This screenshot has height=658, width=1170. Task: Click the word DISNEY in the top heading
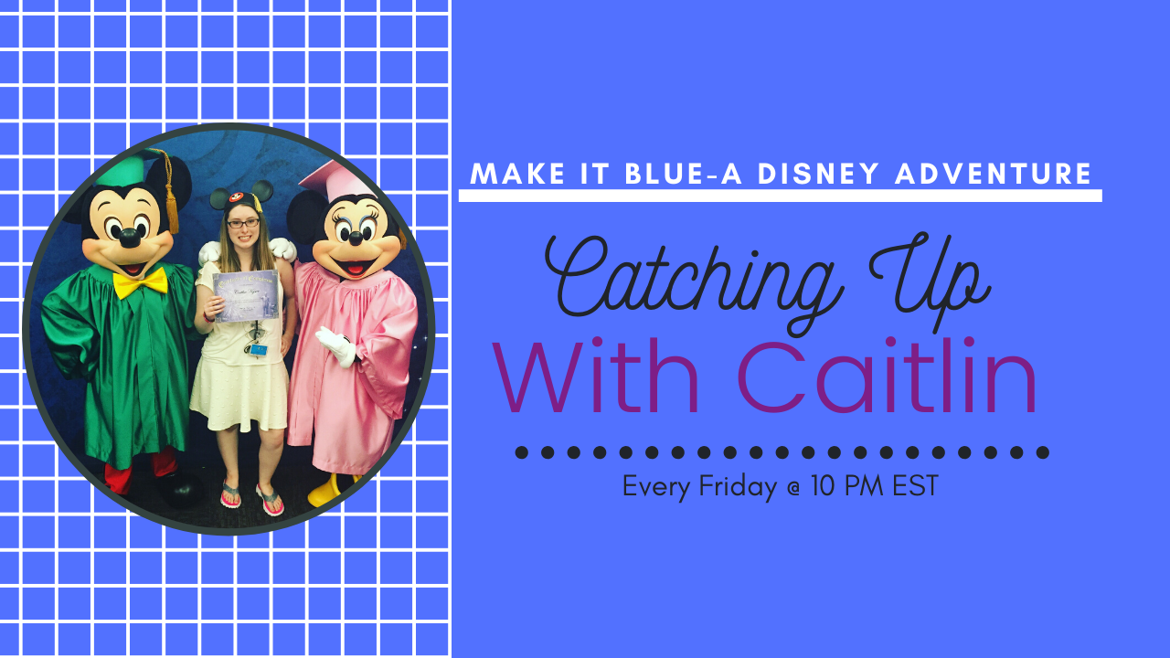tap(818, 174)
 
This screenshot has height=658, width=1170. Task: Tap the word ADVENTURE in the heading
tap(993, 174)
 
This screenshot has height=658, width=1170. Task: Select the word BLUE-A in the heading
tap(683, 174)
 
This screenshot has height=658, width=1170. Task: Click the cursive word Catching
tap(694, 277)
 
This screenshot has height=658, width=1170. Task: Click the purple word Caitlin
tap(887, 377)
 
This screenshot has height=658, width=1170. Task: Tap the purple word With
tap(596, 377)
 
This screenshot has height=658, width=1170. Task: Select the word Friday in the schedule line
tap(738, 487)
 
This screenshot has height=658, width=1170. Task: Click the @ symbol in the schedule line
tap(793, 489)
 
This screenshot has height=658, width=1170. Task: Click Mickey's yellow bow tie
tap(140, 282)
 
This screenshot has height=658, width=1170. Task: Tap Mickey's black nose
tap(129, 239)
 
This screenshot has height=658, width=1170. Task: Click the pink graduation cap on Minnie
tap(334, 181)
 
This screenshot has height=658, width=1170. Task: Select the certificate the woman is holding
tap(246, 295)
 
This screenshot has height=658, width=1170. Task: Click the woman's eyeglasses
tap(243, 223)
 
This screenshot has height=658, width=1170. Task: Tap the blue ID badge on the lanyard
tap(258, 349)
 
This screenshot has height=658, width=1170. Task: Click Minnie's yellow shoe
tap(327, 491)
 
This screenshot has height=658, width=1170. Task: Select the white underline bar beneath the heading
tap(781, 196)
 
